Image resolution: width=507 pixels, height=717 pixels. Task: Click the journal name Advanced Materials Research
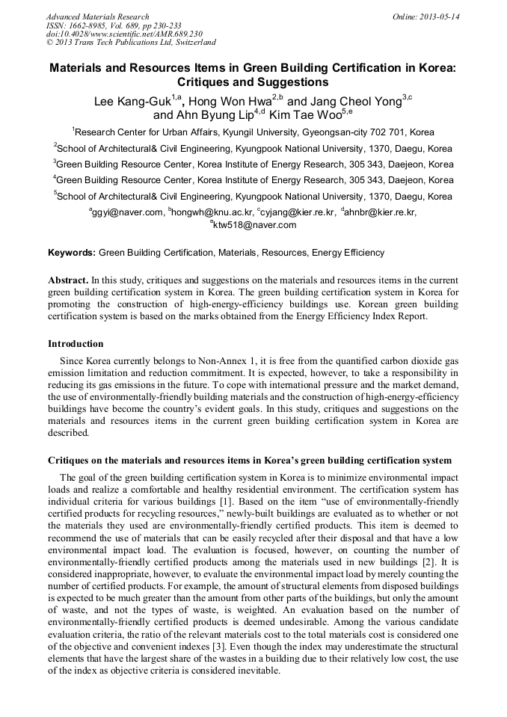point(97,16)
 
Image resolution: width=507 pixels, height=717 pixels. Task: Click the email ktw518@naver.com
point(255,224)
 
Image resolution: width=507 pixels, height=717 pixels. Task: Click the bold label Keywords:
point(72,253)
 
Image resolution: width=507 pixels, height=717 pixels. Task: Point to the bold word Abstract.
point(68,279)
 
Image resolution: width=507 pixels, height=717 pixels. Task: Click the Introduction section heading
point(76,344)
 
